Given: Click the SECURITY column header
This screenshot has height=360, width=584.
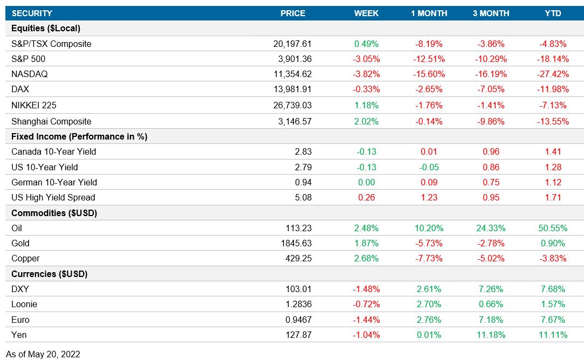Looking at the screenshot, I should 32,13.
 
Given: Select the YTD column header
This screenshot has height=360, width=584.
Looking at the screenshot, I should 553,13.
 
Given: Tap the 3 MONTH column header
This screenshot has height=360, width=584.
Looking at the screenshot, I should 490,13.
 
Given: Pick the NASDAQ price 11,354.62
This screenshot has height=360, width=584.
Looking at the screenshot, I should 292,74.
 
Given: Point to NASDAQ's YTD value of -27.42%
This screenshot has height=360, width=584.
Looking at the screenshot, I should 553,74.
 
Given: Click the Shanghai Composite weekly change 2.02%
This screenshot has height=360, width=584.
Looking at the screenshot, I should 366,121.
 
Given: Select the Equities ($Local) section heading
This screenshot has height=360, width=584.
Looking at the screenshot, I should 45,28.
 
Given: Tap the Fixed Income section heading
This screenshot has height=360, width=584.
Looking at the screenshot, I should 79,136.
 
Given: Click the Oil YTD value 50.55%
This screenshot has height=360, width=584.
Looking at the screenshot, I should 553,228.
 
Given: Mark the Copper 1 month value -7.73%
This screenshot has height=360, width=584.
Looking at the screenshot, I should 429,258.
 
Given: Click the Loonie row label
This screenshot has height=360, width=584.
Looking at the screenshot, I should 24,304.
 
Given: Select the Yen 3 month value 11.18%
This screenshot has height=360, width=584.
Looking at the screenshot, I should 490,335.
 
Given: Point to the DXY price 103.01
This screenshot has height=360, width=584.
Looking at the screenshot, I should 299,289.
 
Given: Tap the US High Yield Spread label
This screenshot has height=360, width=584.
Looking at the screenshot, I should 53,197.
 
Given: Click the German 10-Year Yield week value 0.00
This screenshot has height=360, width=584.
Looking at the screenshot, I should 366,182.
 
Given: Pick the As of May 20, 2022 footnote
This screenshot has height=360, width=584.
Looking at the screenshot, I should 43,354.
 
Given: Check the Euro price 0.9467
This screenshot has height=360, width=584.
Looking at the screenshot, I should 299,319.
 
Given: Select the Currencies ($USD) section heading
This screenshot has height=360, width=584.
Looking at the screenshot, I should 49,274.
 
